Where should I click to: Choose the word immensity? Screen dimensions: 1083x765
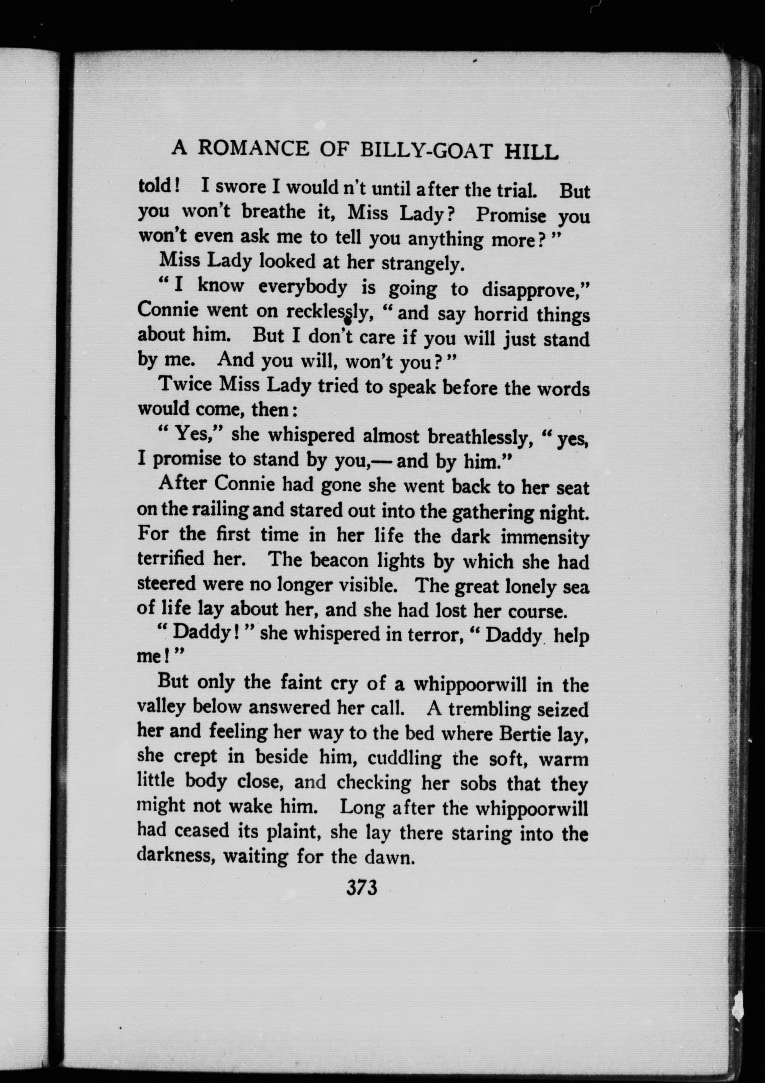pyautogui.click(x=545, y=537)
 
